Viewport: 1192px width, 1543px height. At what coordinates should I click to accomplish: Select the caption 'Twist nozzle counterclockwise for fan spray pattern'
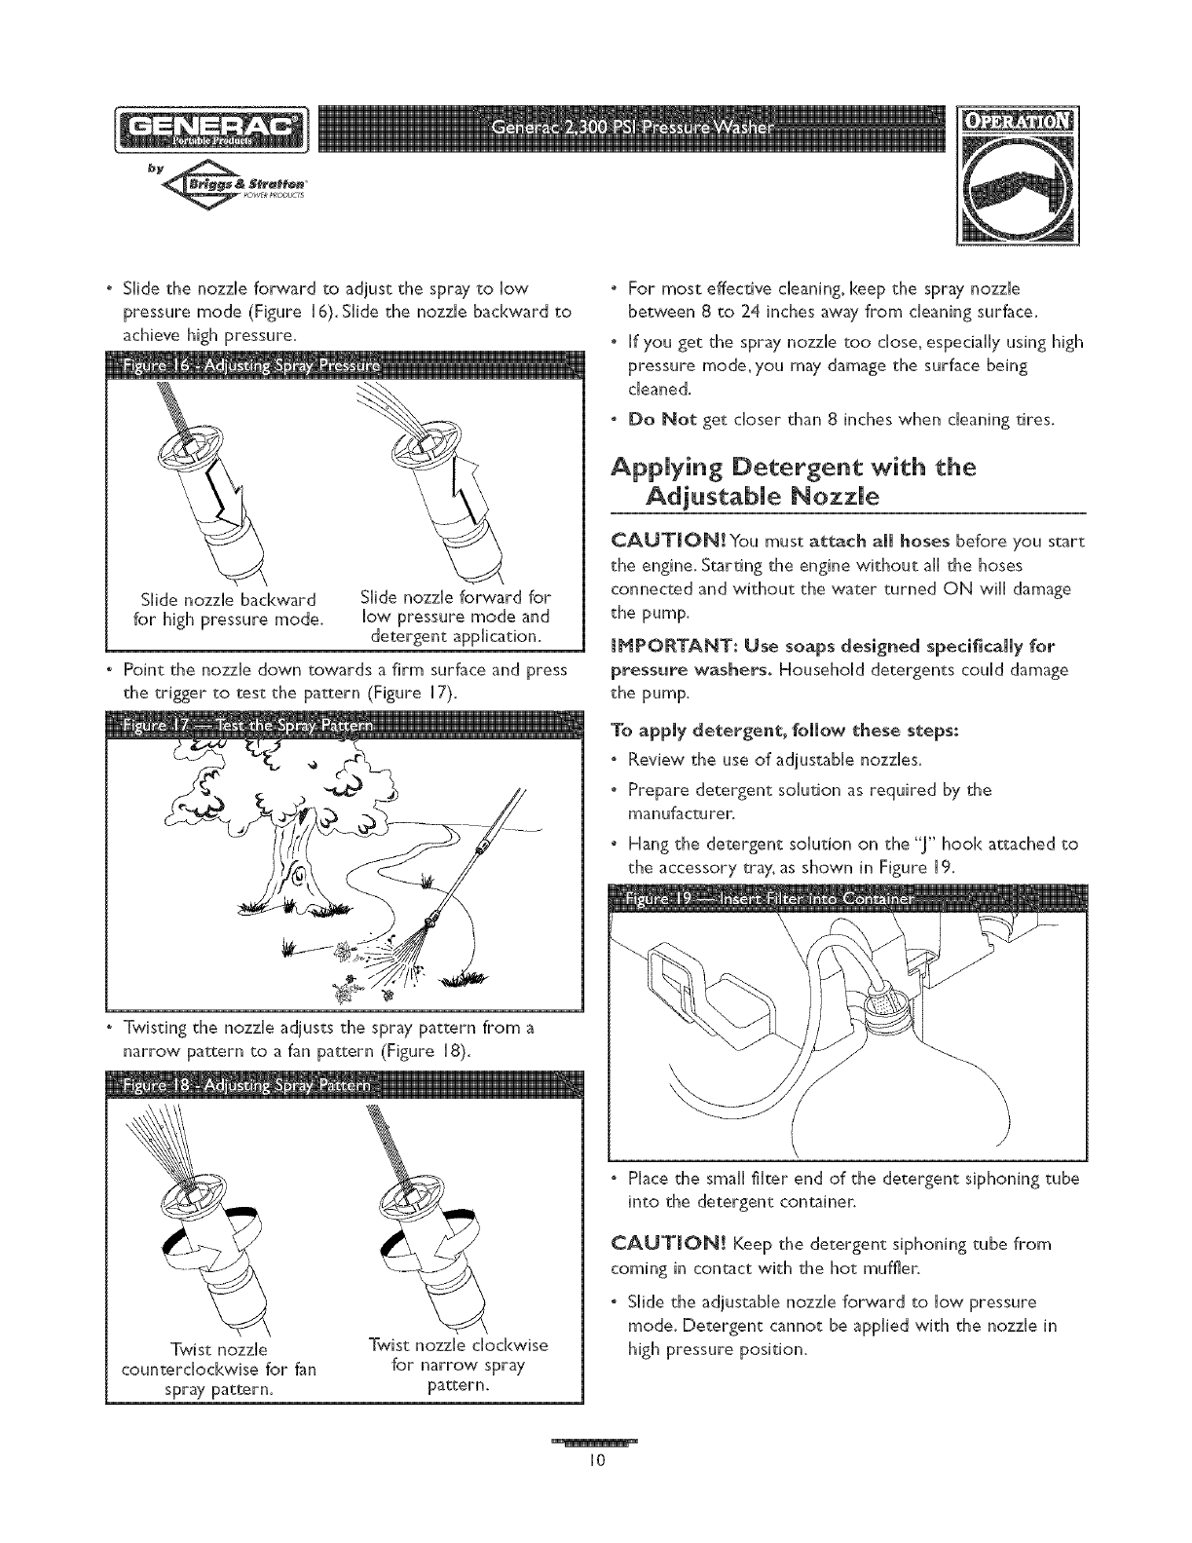point(218,1367)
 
